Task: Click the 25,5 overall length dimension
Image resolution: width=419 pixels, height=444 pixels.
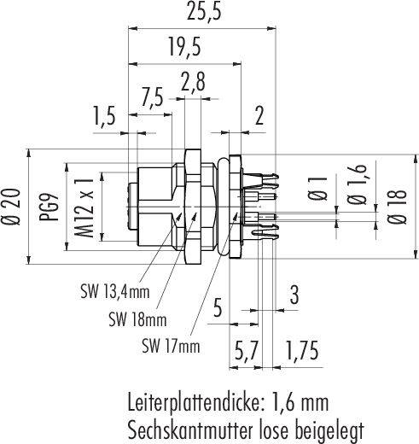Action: coord(204,12)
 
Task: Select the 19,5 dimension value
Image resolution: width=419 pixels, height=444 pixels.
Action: coord(185,47)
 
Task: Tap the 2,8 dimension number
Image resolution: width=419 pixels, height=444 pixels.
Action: coord(193,82)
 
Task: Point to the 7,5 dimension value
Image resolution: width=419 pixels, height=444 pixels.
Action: coord(152,97)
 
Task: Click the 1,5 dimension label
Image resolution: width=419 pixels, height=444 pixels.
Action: coord(104,116)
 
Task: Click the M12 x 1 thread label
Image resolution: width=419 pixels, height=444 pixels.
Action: coord(84,207)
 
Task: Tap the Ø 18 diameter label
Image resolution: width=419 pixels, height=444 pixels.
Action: coord(397,206)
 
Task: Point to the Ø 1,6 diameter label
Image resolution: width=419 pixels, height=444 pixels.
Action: coord(357,184)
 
